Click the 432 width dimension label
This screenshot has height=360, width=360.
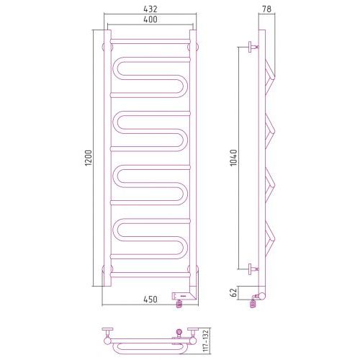coord(150,9)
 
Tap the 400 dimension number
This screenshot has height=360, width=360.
coord(150,19)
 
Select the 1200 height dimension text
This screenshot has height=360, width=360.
coord(89,158)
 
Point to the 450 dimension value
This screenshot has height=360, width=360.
coord(150,300)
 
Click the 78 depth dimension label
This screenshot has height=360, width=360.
coord(266,9)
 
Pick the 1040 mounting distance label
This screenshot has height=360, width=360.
coord(233,158)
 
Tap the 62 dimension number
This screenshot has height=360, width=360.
coord(233,292)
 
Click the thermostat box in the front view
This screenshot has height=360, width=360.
coord(181,296)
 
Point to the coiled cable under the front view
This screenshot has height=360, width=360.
coord(179,304)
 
